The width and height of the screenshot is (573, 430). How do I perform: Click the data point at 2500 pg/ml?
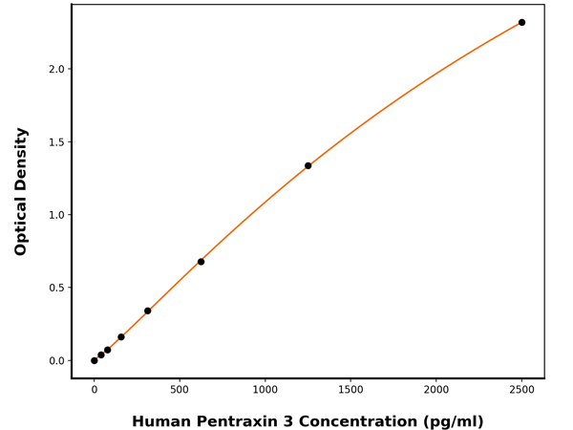521,22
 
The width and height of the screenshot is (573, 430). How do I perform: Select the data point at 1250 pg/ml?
308,165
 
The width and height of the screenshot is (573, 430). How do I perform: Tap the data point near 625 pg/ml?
201,262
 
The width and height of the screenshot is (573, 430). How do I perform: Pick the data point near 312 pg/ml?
147,311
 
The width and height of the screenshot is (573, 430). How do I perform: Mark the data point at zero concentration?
94,360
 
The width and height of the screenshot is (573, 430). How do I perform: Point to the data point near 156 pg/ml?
120,336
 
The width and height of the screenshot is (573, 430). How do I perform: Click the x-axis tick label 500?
180,390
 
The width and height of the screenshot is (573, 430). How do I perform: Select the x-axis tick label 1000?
265,390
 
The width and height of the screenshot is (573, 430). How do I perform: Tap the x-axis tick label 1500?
350,390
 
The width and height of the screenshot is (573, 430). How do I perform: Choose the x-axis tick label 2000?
435,390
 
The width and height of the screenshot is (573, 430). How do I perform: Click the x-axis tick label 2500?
521,390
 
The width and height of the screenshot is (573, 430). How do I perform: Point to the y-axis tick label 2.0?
55,69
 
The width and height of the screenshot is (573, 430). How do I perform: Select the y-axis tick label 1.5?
55,142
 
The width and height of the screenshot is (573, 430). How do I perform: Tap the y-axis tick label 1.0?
55,215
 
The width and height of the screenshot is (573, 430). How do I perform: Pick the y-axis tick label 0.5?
55,288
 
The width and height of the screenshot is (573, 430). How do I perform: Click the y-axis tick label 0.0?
55,361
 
